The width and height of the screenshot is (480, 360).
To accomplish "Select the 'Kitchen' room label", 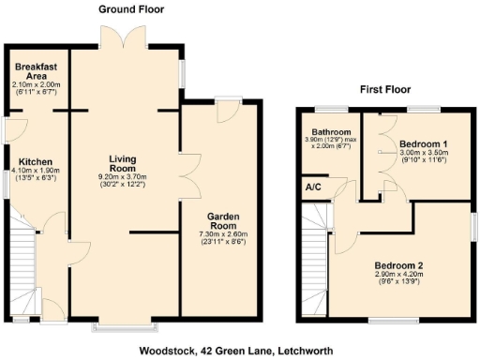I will (36, 161).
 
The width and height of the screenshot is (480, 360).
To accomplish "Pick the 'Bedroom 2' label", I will (398, 265).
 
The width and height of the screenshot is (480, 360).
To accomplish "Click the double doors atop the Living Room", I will (124, 39).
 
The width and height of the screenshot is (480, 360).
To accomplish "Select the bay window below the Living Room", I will (124, 328).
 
